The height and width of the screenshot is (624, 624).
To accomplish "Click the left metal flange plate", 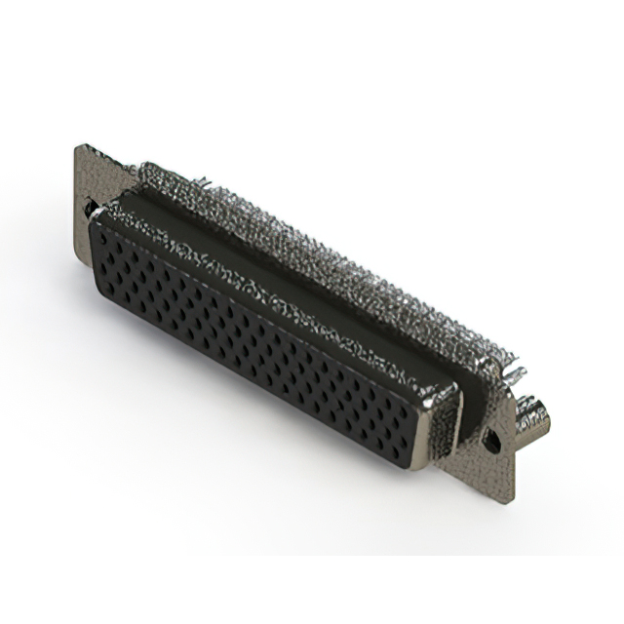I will click(86, 185).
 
